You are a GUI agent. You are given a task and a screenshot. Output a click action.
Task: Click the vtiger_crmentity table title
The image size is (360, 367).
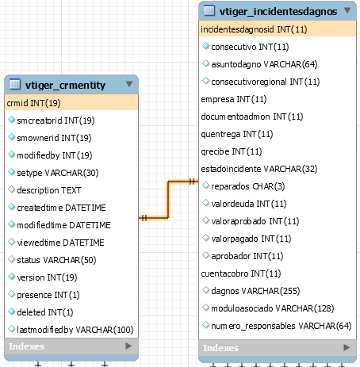tap(65, 85)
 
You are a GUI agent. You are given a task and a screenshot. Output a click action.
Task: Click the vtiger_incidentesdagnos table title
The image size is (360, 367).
tap(278, 11)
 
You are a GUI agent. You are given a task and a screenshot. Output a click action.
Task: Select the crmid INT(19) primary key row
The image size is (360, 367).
tap(71, 103)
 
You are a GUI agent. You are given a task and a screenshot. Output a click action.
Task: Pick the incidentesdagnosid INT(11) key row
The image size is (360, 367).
tap(278, 29)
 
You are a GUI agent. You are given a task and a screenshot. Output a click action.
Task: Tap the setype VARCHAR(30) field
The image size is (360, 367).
tap(58, 173)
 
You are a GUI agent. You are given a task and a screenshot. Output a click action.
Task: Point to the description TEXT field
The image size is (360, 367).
tap(49, 190)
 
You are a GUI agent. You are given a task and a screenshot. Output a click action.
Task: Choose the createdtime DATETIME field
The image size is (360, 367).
tap(61, 208)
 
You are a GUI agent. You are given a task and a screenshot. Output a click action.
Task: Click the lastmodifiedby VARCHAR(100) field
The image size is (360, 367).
tap(75, 330)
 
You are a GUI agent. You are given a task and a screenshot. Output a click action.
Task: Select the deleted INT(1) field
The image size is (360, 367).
tap(45, 312)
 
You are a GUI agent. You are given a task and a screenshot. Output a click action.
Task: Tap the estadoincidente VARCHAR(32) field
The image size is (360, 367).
tap(259, 169)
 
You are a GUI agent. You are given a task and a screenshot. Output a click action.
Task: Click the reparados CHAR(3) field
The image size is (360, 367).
tap(248, 186)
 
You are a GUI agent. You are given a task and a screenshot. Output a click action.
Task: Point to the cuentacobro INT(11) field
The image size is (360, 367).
tap(241, 273)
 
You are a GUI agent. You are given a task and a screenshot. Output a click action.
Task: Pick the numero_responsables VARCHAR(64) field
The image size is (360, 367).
tap(281, 326)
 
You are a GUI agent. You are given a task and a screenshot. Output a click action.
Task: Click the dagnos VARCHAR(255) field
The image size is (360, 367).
tap(255, 291)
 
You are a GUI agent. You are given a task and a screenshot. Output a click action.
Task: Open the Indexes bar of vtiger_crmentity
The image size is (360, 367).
tap(71, 346)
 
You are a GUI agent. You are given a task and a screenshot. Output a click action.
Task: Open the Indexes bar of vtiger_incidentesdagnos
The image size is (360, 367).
tap(278, 348)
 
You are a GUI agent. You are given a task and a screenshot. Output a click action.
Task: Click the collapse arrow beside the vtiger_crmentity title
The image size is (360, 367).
tap(129, 84)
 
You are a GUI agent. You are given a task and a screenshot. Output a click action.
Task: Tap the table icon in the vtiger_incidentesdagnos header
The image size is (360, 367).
tap(209, 10)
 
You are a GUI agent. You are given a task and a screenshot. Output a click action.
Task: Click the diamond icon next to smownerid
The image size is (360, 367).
tap(11, 137)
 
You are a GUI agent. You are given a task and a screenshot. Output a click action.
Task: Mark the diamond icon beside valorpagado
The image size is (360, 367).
tap(205, 238)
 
